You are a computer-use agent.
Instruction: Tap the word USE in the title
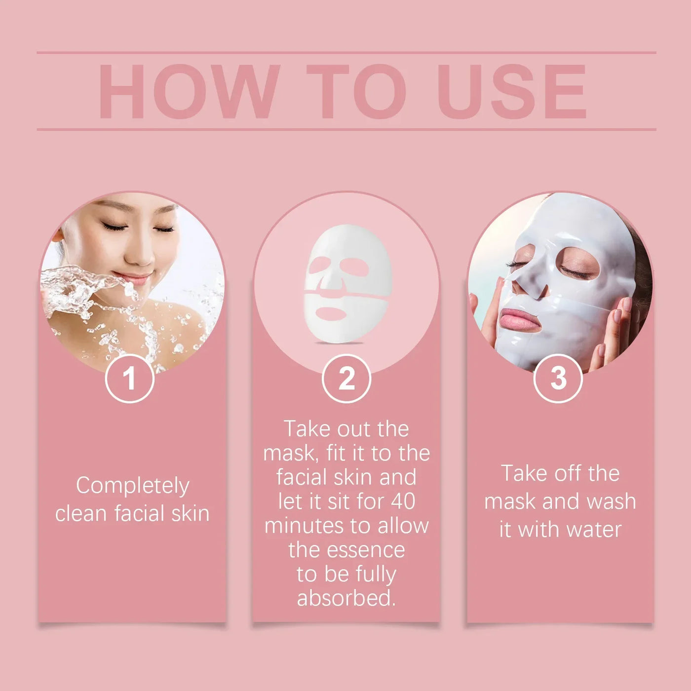click(511, 92)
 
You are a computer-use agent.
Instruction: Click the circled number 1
click(129, 379)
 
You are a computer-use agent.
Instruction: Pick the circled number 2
click(346, 379)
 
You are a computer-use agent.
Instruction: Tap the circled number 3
click(558, 379)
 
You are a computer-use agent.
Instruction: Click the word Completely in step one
click(132, 486)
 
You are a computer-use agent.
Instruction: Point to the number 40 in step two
click(403, 501)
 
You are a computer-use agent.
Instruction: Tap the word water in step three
click(594, 530)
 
